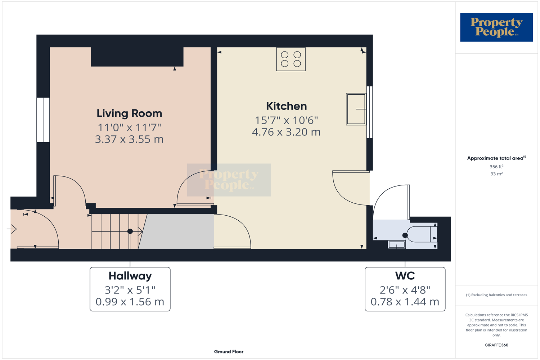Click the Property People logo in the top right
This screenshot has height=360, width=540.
click(x=496, y=27)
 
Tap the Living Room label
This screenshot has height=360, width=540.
click(x=129, y=113)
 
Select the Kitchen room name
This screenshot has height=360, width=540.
click(x=286, y=106)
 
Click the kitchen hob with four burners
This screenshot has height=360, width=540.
click(x=291, y=59)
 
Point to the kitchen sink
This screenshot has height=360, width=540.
click(x=356, y=109)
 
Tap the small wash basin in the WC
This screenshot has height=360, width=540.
click(x=396, y=245)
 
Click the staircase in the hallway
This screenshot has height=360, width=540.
click(x=115, y=231)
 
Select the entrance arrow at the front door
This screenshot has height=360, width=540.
click(x=12, y=229)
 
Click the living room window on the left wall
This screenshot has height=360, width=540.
click(x=43, y=120)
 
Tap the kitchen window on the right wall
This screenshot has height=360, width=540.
click(x=369, y=112)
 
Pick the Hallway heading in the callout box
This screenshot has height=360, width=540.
click(x=130, y=276)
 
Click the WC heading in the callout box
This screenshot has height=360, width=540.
click(x=405, y=276)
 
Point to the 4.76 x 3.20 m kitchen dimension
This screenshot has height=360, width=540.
click(x=286, y=132)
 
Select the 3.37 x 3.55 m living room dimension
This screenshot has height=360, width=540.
click(x=129, y=139)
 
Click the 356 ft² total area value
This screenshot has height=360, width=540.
click(x=496, y=167)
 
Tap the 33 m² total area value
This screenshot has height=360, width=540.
click(x=496, y=174)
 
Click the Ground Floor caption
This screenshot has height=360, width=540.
click(x=229, y=352)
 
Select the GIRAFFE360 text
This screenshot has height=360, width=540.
click(x=496, y=345)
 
